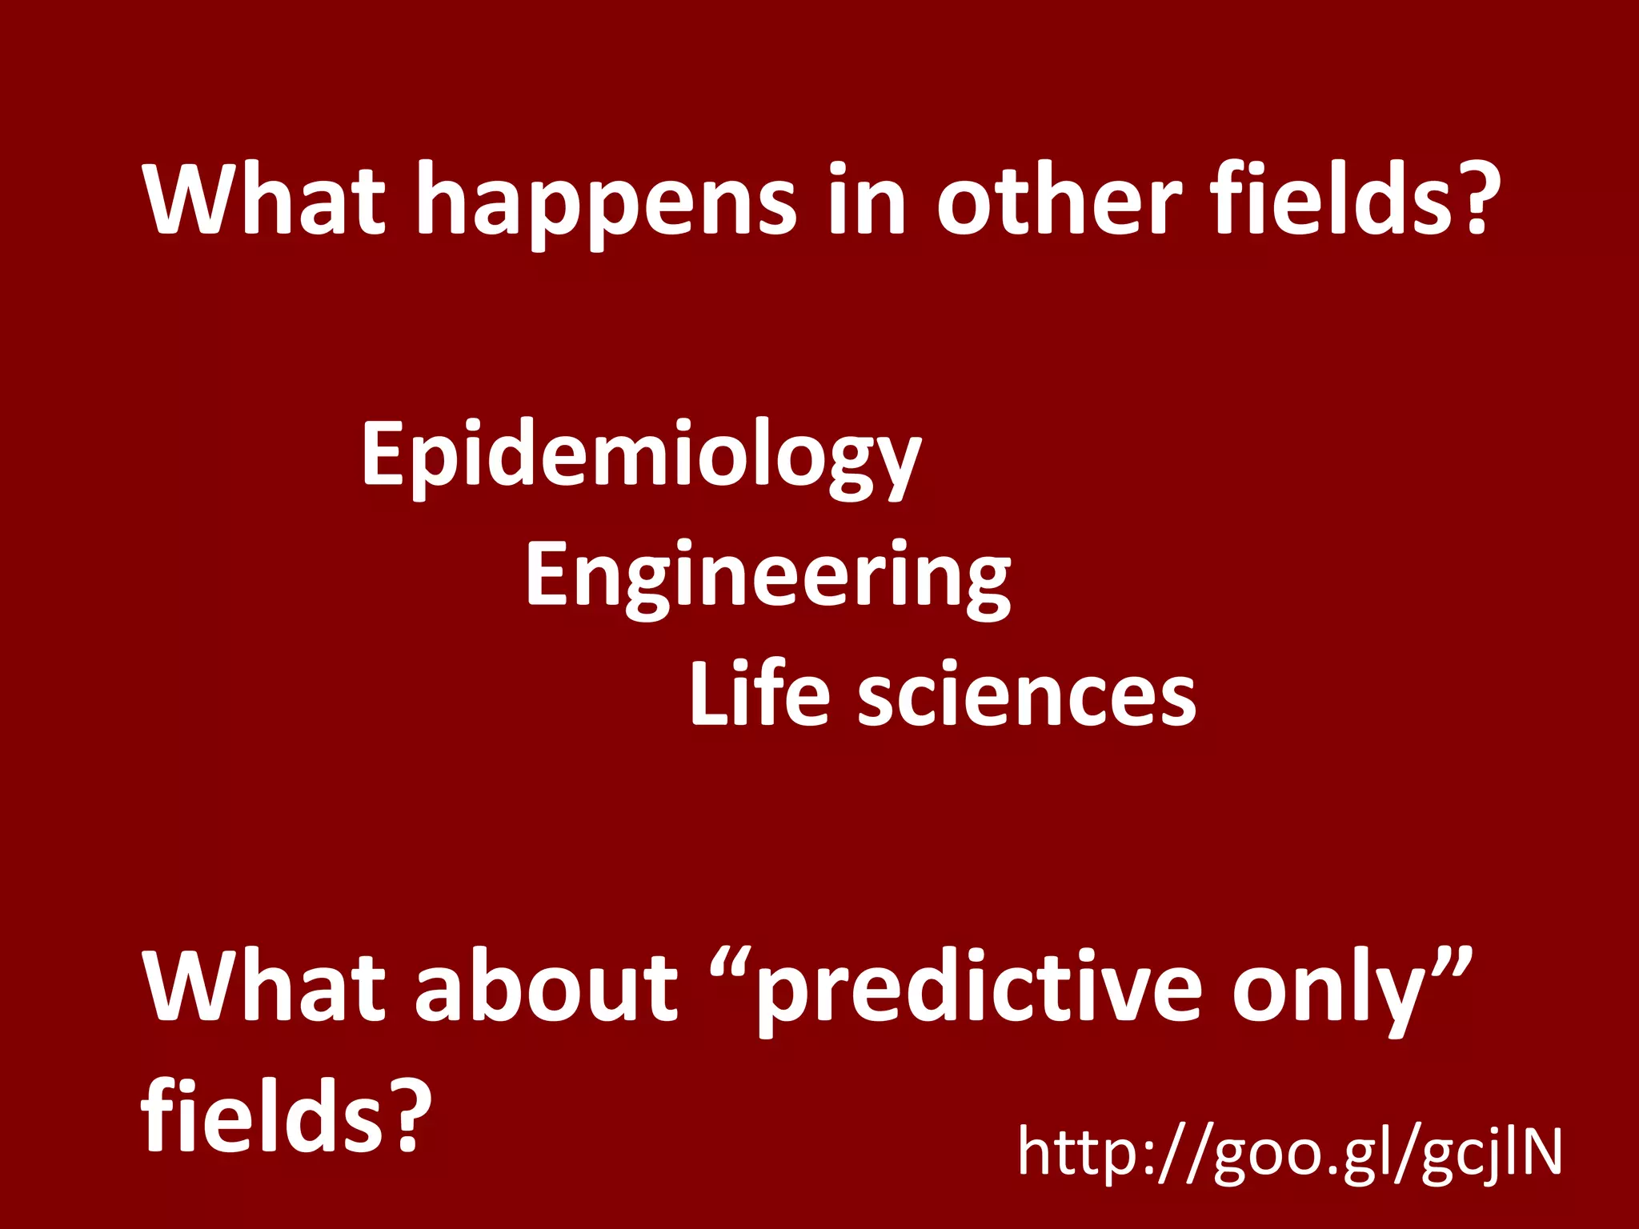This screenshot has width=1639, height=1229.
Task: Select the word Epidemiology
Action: click(641, 456)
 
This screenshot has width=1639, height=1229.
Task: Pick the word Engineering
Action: click(768, 576)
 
